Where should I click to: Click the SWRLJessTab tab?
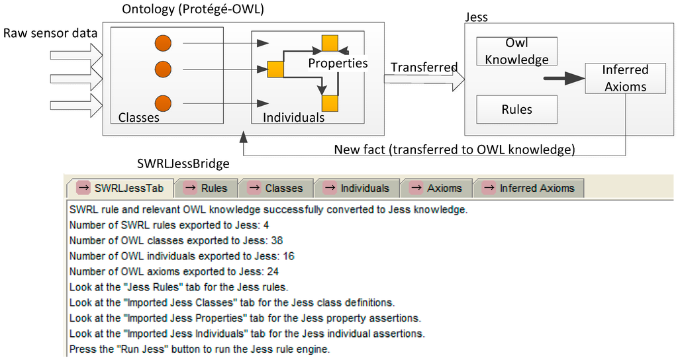[121, 188]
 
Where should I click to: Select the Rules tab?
[205, 188]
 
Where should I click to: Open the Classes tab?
[275, 188]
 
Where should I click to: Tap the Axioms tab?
[436, 188]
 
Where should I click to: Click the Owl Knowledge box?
[516, 51]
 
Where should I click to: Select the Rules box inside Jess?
[516, 109]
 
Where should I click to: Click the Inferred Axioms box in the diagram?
[624, 78]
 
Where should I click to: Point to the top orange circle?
[163, 44]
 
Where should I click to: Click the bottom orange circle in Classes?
[163, 103]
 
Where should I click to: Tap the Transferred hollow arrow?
[424, 81]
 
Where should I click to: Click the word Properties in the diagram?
[338, 64]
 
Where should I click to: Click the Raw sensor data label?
[50, 33]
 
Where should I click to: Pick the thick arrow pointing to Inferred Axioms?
[562, 79]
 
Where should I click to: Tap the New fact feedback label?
[454, 150]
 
